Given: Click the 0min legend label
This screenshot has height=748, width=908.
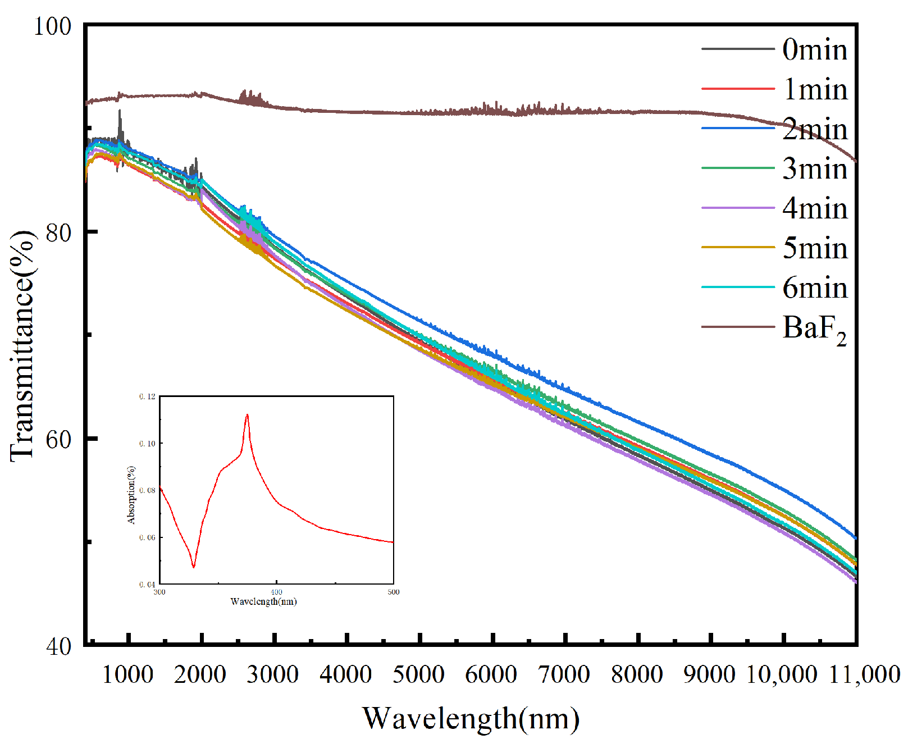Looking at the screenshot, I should pyautogui.click(x=814, y=50).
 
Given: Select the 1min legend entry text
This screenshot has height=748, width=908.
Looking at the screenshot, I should pyautogui.click(x=814, y=90).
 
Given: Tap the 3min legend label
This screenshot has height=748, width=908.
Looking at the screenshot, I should pyautogui.click(x=814, y=169).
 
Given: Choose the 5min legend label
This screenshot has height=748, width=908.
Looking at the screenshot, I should pyautogui.click(x=814, y=248).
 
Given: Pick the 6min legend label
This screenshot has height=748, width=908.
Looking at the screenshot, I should pyautogui.click(x=814, y=288).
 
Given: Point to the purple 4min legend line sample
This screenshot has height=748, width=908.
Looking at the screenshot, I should pyautogui.click(x=738, y=208).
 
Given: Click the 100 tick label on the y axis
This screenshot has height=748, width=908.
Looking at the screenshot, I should pyautogui.click(x=53, y=26).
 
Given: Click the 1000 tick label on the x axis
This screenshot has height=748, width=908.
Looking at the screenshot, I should pyautogui.click(x=128, y=674).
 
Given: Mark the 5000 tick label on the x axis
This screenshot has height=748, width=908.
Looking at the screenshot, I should pyautogui.click(x=419, y=674).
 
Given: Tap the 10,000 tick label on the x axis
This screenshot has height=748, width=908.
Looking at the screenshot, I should pyautogui.click(x=781, y=674).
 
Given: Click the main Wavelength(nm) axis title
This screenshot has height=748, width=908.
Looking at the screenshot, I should pyautogui.click(x=471, y=718).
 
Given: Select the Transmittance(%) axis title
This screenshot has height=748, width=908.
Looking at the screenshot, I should pyautogui.click(x=22, y=345).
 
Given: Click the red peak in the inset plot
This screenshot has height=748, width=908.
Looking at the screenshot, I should pyautogui.click(x=247, y=416).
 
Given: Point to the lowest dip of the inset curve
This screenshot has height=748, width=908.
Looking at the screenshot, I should pyautogui.click(x=194, y=567).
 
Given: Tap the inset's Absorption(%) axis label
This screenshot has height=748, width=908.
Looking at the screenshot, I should pyautogui.click(x=131, y=495).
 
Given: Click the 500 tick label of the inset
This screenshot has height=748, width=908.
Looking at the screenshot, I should pyautogui.click(x=394, y=592).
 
